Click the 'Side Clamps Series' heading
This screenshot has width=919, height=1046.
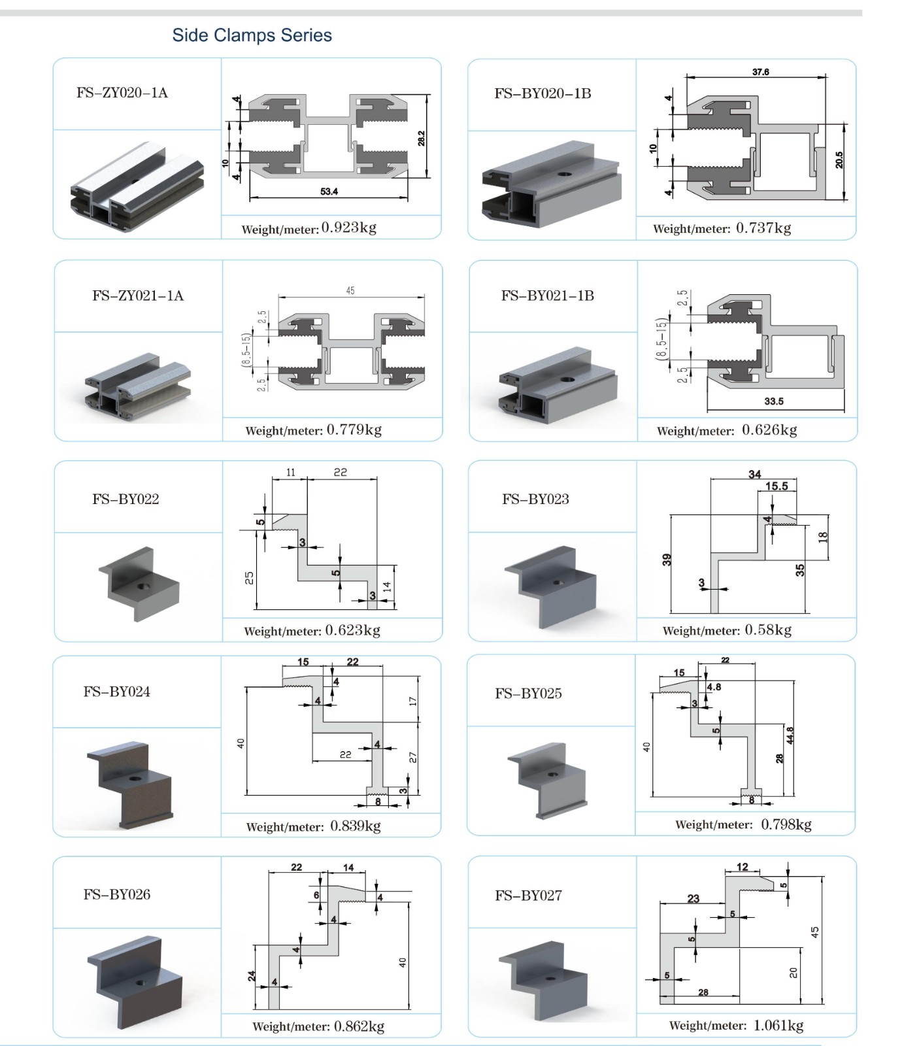(252, 35)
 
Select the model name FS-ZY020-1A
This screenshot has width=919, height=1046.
(122, 93)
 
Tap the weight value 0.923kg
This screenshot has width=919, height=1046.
(349, 228)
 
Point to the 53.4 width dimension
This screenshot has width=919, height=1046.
(329, 192)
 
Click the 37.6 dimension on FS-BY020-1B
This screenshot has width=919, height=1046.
(760, 72)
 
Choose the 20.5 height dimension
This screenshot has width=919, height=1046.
(839, 160)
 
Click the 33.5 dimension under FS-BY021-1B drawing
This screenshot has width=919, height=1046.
(774, 401)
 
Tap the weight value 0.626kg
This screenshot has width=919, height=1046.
(769, 430)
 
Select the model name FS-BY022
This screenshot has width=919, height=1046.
(125, 499)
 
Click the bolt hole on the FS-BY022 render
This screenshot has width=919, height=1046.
(141, 586)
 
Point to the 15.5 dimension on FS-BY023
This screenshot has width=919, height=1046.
(777, 486)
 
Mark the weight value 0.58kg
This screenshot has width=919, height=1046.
(768, 630)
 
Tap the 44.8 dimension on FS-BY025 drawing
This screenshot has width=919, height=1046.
(790, 735)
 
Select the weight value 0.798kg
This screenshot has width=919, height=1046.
(786, 824)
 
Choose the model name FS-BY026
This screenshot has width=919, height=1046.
(117, 894)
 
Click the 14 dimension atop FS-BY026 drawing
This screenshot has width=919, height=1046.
(348, 868)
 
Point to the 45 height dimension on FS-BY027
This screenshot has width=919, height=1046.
(815, 932)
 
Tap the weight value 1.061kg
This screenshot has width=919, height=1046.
(778, 1025)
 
